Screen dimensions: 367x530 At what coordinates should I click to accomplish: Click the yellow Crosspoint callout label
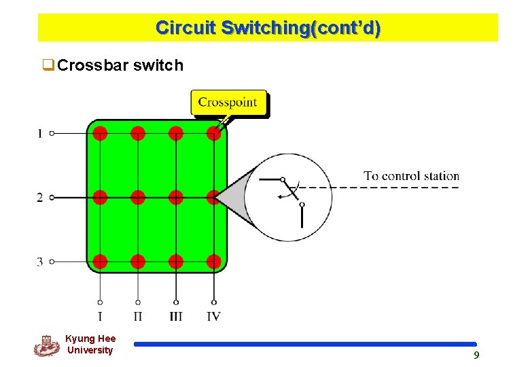228,103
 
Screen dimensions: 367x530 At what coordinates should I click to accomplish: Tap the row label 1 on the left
40,134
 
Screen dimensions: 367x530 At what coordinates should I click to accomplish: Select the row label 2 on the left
40,198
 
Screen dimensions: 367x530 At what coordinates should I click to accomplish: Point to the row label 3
40,262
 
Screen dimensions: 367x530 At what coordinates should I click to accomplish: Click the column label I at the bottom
100,317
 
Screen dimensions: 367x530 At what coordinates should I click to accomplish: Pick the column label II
138,317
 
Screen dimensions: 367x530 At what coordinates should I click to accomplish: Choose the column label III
176,317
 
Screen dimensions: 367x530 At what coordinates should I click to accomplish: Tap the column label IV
213,317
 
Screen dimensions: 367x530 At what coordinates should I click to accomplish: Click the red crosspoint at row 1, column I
100,133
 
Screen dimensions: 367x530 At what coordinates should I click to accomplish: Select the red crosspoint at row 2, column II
138,198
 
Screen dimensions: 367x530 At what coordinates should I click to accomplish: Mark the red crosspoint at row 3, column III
176,262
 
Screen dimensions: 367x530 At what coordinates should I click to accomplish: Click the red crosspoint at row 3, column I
100,262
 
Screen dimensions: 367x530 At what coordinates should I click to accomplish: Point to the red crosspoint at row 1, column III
176,133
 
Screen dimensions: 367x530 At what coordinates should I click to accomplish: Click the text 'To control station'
411,176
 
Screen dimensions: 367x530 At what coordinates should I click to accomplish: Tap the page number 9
476,355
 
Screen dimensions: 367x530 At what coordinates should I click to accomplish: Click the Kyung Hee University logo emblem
46,345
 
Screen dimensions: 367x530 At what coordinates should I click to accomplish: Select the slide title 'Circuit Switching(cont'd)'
268,28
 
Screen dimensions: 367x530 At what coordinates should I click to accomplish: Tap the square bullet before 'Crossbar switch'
48,66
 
